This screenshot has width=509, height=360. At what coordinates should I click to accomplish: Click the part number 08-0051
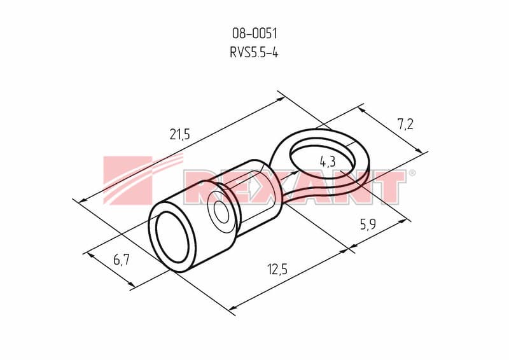coord(254,33)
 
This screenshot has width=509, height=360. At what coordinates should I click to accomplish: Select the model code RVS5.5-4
coord(254,52)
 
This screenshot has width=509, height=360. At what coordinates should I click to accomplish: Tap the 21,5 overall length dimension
coord(179,134)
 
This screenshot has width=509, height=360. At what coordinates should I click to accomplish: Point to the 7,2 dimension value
coord(405,123)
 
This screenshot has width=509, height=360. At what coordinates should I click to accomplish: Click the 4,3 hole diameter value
coord(328,162)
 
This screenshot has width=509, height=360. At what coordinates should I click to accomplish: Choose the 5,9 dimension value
coord(368,224)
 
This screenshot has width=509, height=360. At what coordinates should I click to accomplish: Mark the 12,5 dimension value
coord(277,269)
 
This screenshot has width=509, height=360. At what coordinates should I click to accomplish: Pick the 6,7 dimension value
coord(122,260)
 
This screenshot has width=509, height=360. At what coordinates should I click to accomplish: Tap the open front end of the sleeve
coord(172,237)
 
